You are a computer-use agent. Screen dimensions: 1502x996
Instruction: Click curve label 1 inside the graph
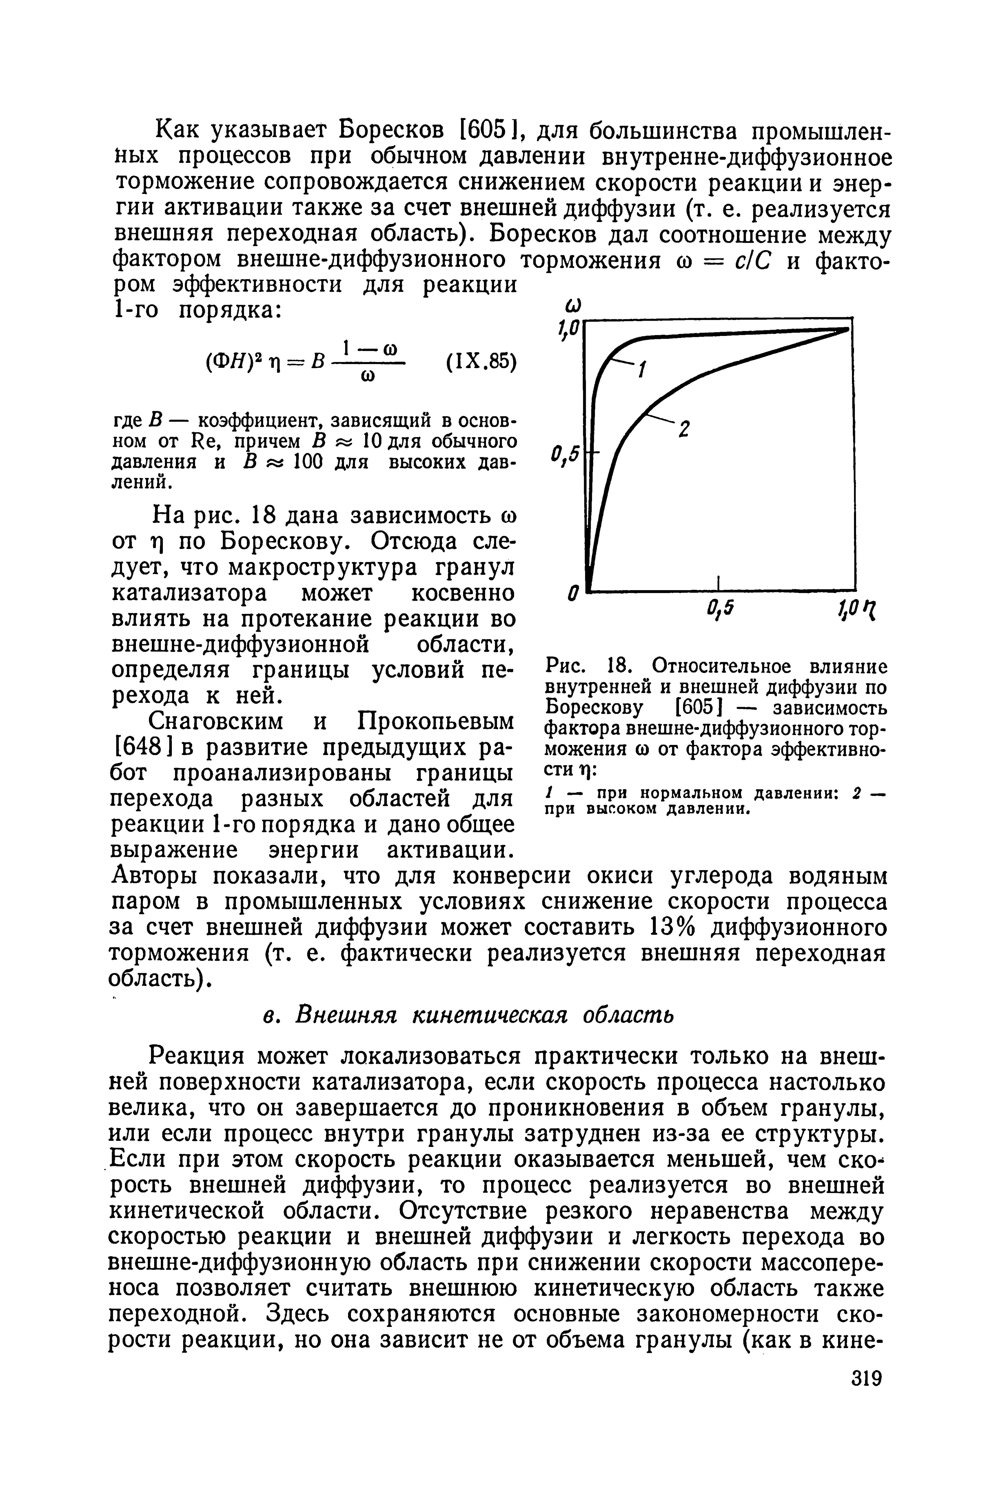643,368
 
